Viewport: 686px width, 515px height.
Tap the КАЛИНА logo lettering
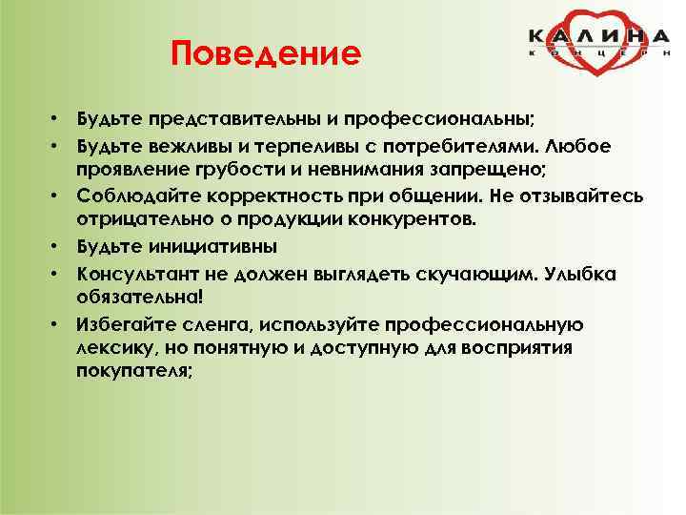point(599,36)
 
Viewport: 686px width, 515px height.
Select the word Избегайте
point(126,324)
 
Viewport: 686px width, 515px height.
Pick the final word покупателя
point(133,373)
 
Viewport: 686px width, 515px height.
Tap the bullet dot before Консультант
point(58,274)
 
